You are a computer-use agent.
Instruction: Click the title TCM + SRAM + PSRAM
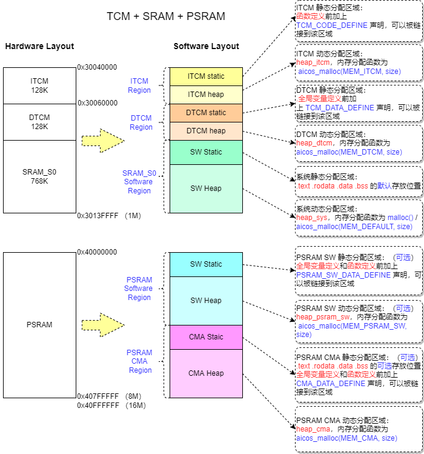(x=165, y=16)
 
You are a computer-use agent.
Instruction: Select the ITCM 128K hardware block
(x=39, y=85)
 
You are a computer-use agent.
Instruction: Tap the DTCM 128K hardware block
(x=39, y=122)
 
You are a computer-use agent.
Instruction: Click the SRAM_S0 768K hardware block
(x=39, y=176)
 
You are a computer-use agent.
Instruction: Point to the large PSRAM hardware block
(x=39, y=325)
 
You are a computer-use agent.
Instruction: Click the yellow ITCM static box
(x=206, y=76)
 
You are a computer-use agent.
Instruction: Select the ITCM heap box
(x=206, y=95)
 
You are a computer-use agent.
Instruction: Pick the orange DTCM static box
(x=206, y=113)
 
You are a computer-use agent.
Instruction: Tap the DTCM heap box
(x=206, y=131)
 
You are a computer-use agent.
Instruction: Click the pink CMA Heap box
(x=206, y=373)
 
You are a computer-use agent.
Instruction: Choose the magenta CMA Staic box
(x=206, y=337)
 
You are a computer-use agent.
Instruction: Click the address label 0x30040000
(x=98, y=67)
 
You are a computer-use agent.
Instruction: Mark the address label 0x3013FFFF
(x=98, y=215)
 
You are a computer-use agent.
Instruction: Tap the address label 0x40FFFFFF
(x=98, y=406)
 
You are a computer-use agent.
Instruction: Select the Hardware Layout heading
(x=39, y=47)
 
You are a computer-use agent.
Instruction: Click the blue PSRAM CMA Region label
(x=139, y=361)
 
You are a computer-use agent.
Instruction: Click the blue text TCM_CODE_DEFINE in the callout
(x=331, y=25)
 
